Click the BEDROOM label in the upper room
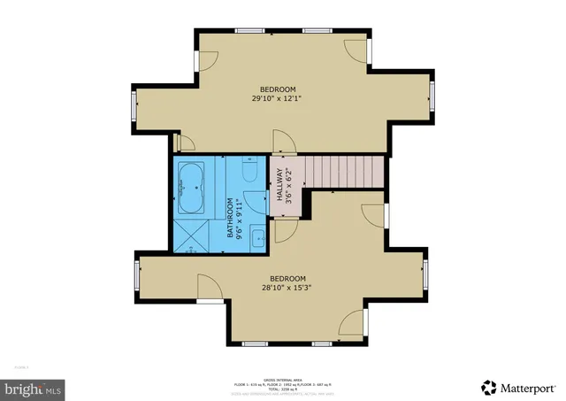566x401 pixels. (x=277, y=89)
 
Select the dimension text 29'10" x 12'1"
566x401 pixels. (x=277, y=99)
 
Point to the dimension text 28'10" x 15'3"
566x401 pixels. (x=287, y=286)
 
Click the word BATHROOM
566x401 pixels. (x=230, y=218)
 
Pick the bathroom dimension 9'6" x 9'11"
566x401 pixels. (x=240, y=218)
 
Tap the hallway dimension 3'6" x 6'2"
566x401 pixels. (x=287, y=186)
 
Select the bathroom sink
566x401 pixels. (x=257, y=235)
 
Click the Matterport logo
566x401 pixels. (x=519, y=386)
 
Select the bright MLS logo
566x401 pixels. (x=33, y=388)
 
